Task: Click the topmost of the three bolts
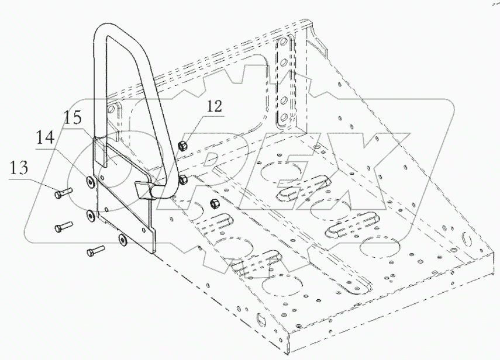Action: (x=62, y=191)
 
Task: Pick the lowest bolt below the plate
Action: (x=94, y=251)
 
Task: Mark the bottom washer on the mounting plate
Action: (x=122, y=238)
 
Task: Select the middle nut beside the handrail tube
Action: (x=183, y=178)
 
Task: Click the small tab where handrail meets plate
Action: (x=143, y=188)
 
